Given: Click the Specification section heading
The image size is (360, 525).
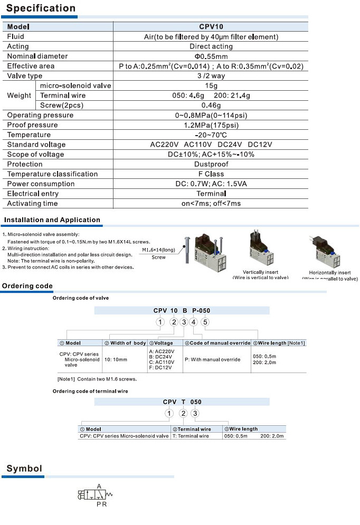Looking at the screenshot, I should tap(41, 8).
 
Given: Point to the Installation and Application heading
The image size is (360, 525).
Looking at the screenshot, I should tap(52, 220).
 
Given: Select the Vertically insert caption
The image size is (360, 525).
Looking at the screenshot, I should tap(261, 272).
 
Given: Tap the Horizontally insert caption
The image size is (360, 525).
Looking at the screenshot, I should tap(330, 273).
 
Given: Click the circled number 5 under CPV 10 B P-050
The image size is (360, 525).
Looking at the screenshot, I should tap(205, 322).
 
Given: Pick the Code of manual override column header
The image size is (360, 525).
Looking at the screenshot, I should tap(217, 343).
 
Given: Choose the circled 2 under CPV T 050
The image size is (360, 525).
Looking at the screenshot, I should tap(183, 414).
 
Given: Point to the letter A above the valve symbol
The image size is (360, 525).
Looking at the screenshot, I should tap(99, 486).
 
